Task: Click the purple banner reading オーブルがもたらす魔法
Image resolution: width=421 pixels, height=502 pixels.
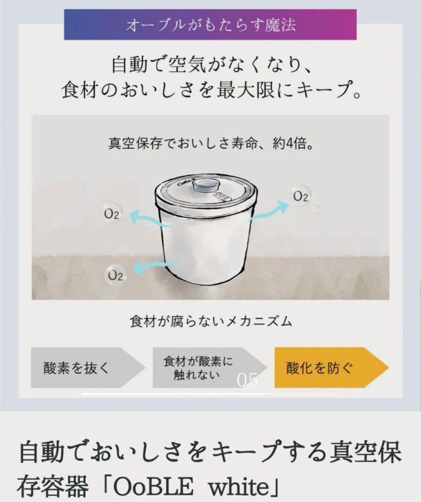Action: coord(210,25)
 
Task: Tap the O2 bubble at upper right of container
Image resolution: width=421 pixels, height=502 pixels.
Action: coord(301,197)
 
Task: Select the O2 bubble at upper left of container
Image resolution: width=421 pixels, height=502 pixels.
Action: coord(112,214)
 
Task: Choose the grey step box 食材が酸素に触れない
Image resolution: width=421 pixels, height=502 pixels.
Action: coord(198,367)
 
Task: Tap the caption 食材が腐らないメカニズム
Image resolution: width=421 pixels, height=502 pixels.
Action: coord(210,321)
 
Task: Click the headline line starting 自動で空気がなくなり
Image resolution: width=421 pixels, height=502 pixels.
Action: coord(210,64)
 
